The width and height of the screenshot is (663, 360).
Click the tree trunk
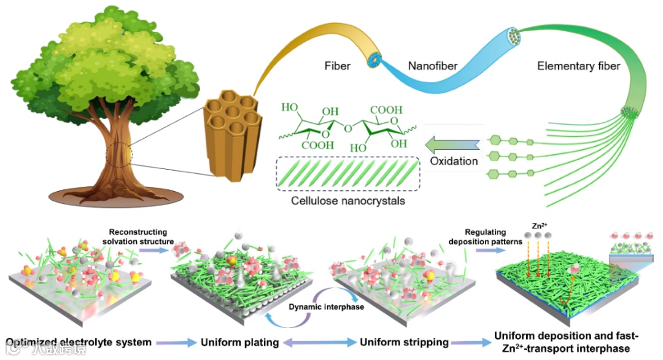pos(123,160)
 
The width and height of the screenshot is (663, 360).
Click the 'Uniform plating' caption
pos(241,342)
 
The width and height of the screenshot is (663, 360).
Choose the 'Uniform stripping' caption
pos(404,342)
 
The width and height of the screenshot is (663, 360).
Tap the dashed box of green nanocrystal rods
pos(348,174)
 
